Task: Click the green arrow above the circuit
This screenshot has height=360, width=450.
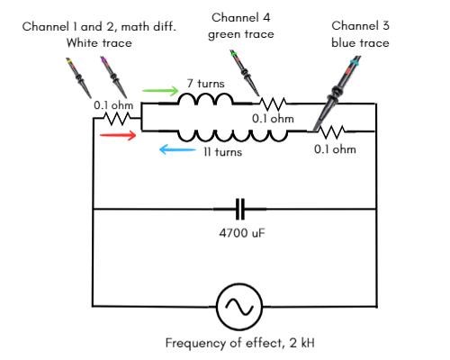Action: pyautogui.click(x=160, y=91)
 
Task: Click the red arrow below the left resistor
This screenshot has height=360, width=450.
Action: pyautogui.click(x=118, y=135)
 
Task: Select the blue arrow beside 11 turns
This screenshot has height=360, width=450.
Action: pyautogui.click(x=177, y=149)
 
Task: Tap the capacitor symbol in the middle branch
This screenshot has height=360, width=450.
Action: pyautogui.click(x=239, y=209)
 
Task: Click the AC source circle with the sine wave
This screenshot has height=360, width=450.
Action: pyautogui.click(x=239, y=307)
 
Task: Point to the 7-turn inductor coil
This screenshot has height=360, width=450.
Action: pyautogui.click(x=205, y=99)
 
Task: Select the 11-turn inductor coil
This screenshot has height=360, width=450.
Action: pyautogui.click(x=233, y=136)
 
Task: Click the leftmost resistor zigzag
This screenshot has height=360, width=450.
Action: pyautogui.click(x=117, y=119)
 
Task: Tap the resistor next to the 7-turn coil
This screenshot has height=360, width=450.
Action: pyautogui.click(x=273, y=104)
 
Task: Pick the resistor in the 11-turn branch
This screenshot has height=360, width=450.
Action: pyautogui.click(x=331, y=132)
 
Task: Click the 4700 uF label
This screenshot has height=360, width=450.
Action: pyautogui.click(x=242, y=233)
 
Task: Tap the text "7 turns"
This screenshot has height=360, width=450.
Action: pyautogui.click(x=205, y=84)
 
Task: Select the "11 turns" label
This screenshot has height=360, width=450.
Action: pyautogui.click(x=222, y=152)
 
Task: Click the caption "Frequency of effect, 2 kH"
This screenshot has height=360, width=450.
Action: pyautogui.click(x=240, y=343)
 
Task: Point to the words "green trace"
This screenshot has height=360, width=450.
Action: pyautogui.click(x=241, y=34)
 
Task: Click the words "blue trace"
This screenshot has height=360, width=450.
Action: pyautogui.click(x=360, y=43)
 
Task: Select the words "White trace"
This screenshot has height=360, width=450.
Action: pyautogui.click(x=99, y=43)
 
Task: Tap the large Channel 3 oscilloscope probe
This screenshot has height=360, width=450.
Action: pyautogui.click(x=336, y=94)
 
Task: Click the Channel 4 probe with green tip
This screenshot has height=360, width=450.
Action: pyautogui.click(x=245, y=73)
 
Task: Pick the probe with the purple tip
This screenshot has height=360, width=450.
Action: pyautogui.click(x=113, y=76)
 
